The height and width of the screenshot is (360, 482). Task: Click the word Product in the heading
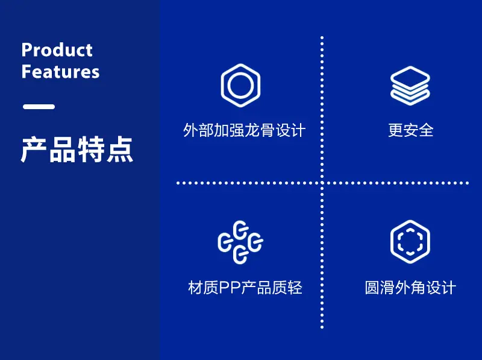pyautogui.click(x=57, y=50)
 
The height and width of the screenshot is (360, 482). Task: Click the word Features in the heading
pyautogui.click(x=61, y=71)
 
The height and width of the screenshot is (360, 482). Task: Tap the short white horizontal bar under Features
pyautogui.click(x=39, y=107)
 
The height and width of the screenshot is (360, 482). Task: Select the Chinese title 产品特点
pyautogui.click(x=77, y=150)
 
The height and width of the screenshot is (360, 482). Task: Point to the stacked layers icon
pyautogui.click(x=410, y=86)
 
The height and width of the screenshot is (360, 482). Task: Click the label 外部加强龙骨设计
pyautogui.click(x=245, y=130)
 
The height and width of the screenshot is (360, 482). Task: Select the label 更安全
pyautogui.click(x=411, y=130)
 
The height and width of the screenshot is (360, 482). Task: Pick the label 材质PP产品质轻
pyautogui.click(x=245, y=288)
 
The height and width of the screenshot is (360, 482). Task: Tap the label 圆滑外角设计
pyautogui.click(x=410, y=288)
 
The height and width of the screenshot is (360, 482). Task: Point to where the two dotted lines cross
pyautogui.click(x=322, y=183)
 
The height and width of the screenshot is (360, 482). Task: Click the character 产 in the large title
pyautogui.click(x=33, y=150)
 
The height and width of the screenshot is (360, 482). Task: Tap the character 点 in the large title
pyautogui.click(x=120, y=150)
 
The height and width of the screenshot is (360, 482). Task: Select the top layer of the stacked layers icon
pyautogui.click(x=410, y=77)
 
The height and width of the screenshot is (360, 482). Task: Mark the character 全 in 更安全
pyautogui.click(x=426, y=130)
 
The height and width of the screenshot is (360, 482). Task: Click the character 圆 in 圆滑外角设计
pyautogui.click(x=372, y=288)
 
